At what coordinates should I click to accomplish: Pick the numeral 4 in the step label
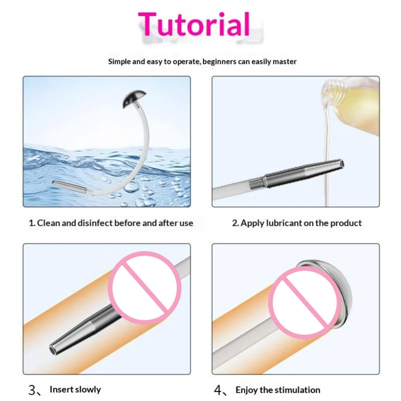[x=218, y=390]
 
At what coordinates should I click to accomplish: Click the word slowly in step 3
[x=88, y=389]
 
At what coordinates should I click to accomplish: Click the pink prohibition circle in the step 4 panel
[x=305, y=303]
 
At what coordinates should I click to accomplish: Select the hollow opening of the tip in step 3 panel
[x=52, y=349]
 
